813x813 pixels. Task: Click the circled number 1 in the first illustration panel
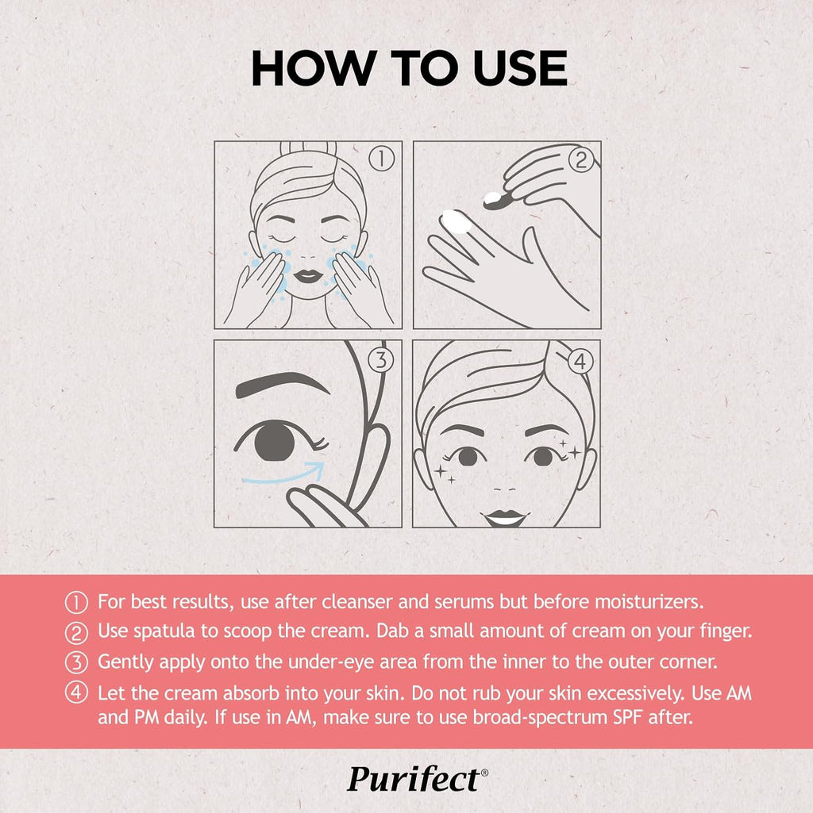[x=382, y=158]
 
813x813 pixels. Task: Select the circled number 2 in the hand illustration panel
[x=581, y=159]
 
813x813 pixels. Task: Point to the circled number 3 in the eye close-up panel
[x=381, y=359]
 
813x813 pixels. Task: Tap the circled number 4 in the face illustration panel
[x=580, y=362]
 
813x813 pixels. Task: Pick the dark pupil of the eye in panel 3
[x=275, y=443]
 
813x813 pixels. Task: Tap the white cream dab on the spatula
[x=493, y=197]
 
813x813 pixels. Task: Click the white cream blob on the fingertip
[x=456, y=221]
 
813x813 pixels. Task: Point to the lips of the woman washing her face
[x=308, y=275]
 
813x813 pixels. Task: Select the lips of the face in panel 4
[x=505, y=517]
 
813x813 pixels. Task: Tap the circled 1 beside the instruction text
[x=76, y=603]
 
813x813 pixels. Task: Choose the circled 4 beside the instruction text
[x=76, y=692]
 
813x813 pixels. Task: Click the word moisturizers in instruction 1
[x=649, y=601]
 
